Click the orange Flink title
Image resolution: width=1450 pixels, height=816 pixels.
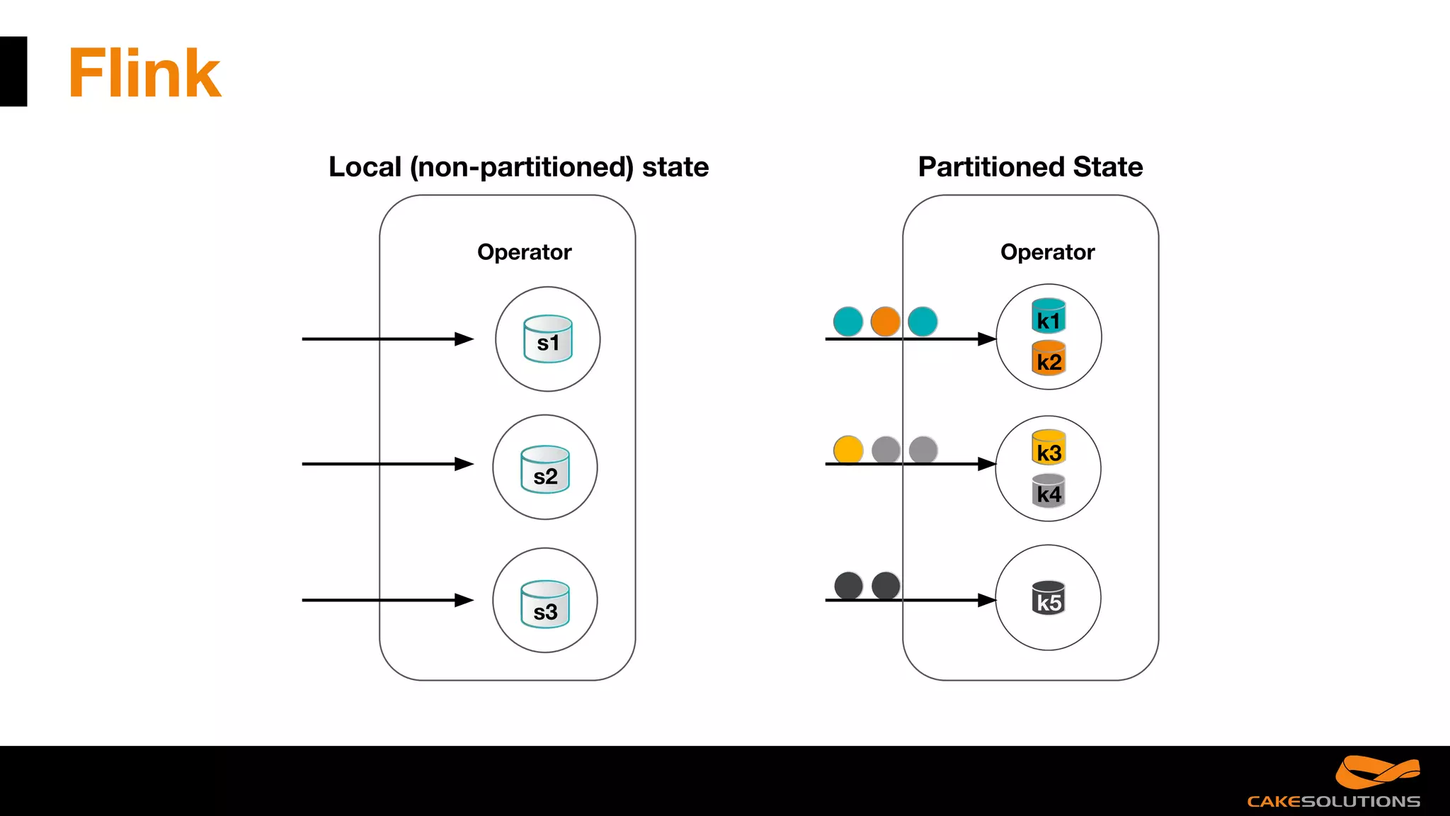(144, 73)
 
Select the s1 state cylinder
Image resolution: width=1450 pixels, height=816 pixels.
(548, 339)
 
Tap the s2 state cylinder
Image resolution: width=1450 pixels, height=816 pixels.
(545, 469)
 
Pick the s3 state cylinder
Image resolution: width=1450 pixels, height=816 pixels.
(545, 604)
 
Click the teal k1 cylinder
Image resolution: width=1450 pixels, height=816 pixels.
(1049, 316)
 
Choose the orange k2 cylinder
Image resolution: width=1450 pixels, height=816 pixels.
(1049, 358)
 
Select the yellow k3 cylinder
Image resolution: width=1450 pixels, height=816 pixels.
(1049, 448)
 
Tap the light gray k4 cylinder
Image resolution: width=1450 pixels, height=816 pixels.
(1049, 490)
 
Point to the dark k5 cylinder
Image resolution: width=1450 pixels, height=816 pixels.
(1049, 598)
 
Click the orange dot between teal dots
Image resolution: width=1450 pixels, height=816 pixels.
(885, 322)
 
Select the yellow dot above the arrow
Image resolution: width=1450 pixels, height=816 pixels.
(848, 450)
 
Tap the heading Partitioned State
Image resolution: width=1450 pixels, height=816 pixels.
(1030, 167)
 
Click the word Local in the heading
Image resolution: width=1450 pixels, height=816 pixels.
(365, 167)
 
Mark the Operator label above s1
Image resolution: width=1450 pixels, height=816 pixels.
(524, 252)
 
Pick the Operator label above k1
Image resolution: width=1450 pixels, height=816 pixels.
(1047, 252)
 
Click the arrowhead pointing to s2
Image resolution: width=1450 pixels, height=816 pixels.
(464, 464)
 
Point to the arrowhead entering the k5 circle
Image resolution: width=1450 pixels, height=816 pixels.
(987, 600)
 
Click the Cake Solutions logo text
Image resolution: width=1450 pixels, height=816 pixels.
(1333, 801)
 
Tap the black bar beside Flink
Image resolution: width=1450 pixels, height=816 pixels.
(13, 72)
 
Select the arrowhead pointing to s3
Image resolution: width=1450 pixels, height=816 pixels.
(464, 600)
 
